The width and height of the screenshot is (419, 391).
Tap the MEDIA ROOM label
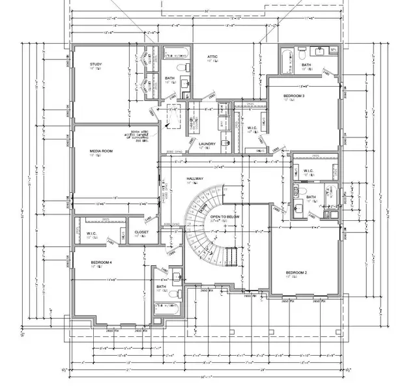click(x=102, y=151)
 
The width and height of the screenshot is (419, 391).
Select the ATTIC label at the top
click(x=212, y=57)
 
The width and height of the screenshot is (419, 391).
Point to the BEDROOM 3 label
click(x=295, y=96)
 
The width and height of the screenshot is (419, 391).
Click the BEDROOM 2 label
click(x=296, y=272)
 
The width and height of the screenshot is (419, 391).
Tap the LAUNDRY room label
click(x=207, y=143)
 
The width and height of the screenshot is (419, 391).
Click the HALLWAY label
click(x=195, y=179)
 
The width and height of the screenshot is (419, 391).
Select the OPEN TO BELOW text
click(x=224, y=216)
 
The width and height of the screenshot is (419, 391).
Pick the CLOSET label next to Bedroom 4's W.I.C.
click(x=141, y=231)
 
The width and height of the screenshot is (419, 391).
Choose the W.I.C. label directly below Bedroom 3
click(x=308, y=171)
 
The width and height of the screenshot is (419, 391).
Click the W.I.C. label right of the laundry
click(x=252, y=128)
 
